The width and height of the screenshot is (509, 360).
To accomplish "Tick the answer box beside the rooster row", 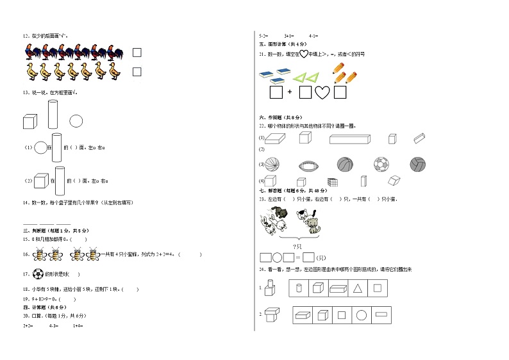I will coord(137,53).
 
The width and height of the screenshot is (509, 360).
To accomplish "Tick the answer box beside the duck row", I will coord(137,72).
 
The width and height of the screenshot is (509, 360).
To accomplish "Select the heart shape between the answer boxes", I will coord(322,92).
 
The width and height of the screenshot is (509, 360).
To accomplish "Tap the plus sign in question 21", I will coord(290,92).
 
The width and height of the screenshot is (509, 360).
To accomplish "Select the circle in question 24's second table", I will coord(361,315).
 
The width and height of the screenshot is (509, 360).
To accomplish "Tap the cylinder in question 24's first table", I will coord(297,288).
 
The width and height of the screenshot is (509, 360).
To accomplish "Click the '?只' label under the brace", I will coord(297,247).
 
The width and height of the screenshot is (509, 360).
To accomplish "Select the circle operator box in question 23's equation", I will coord(278,258).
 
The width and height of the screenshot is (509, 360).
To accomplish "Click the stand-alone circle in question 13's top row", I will coord(76,120).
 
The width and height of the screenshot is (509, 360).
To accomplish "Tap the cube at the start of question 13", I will coord(29,120).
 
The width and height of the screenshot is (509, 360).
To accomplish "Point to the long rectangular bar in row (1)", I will coord(350,138).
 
